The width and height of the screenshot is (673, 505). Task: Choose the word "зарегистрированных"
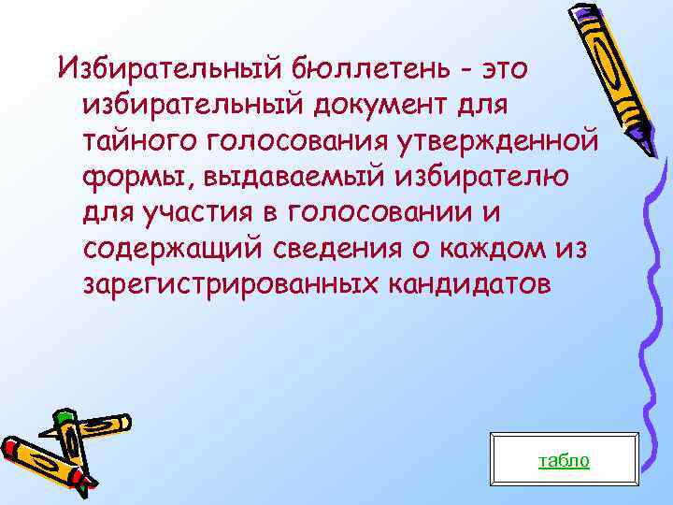click(x=216, y=285)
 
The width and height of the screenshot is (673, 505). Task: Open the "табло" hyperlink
click(x=565, y=459)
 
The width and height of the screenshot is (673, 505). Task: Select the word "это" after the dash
click(x=510, y=66)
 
